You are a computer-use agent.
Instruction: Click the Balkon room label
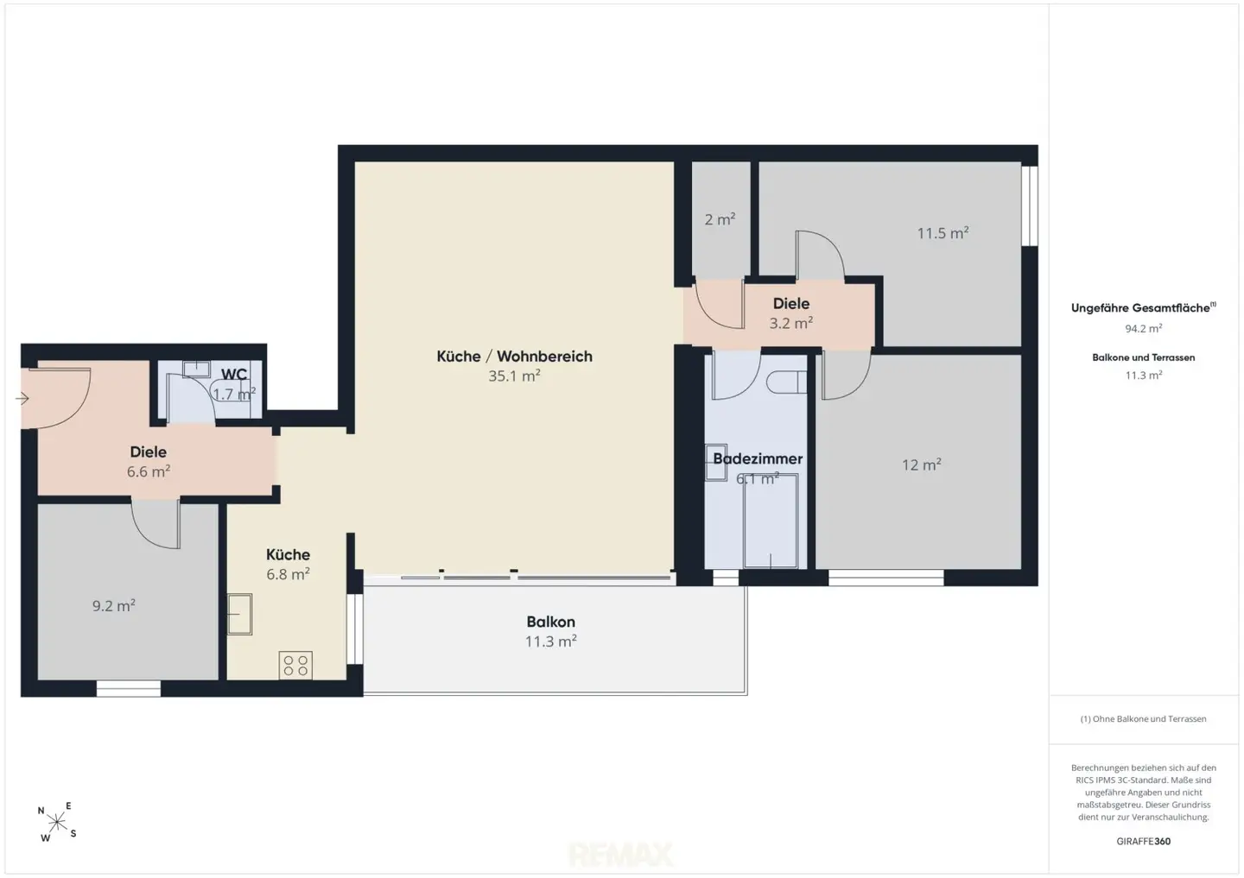click(550, 622)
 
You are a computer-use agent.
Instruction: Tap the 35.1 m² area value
click(514, 376)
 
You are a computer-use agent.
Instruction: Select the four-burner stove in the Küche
click(295, 665)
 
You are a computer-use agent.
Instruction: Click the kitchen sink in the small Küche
click(240, 614)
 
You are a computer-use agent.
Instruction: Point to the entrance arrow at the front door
click(22, 398)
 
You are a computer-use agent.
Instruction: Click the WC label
click(234, 374)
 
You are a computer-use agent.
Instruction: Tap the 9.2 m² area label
click(114, 605)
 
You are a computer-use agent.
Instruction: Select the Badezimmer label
click(758, 458)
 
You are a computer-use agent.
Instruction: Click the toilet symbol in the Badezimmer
click(786, 382)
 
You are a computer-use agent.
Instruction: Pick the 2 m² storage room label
click(720, 219)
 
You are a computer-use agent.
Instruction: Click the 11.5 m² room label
click(943, 233)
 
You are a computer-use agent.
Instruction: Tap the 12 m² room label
click(921, 464)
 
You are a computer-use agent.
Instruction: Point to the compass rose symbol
click(57, 821)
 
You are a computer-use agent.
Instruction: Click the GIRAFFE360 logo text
click(1144, 842)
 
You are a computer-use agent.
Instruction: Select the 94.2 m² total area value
click(1144, 329)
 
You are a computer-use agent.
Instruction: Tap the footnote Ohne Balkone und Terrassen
click(1144, 718)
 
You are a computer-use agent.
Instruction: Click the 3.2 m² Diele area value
click(790, 323)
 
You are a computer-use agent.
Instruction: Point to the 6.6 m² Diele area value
click(149, 471)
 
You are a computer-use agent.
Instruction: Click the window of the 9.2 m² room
click(128, 689)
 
